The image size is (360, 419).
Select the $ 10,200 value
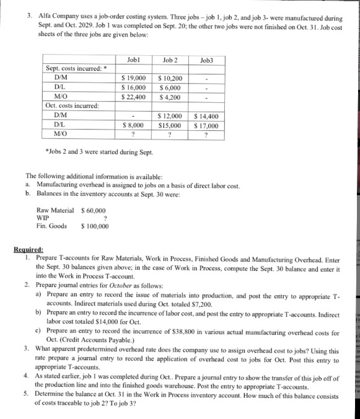pos(170,79)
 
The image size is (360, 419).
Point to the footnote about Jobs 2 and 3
pos(93,152)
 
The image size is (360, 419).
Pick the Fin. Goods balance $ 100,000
pos(95,226)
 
